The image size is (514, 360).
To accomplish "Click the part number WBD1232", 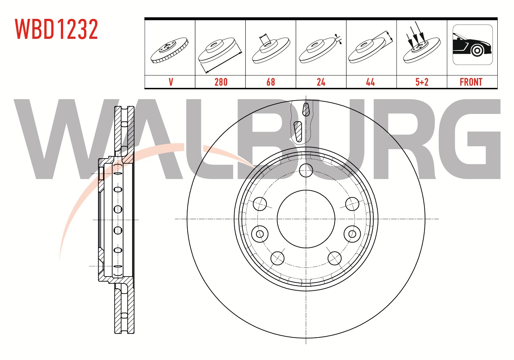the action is [x=57, y=29].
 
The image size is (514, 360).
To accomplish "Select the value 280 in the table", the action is [x=221, y=82].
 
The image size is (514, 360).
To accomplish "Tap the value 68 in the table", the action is [x=271, y=82].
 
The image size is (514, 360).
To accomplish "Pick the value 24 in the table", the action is [x=321, y=82].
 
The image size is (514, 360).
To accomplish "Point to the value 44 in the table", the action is [x=370, y=82].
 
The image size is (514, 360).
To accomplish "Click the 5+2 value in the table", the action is [x=422, y=82].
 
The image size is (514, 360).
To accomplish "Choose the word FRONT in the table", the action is [x=471, y=82].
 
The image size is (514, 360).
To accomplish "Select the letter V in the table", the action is [x=171, y=82].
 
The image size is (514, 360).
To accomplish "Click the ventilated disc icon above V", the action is [x=169, y=50].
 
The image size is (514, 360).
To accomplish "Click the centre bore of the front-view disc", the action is [x=306, y=219].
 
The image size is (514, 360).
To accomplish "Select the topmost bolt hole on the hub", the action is [x=306, y=170].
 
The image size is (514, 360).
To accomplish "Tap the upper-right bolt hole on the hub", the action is [x=352, y=204].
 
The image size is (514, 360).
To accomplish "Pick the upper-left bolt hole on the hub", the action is [x=260, y=204].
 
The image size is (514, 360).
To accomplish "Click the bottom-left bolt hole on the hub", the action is [x=277, y=258].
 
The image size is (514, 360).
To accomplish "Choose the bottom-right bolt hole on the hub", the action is [x=334, y=258].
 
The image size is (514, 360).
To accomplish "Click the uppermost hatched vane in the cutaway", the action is [x=306, y=109].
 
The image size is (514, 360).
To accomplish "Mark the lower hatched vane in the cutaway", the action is [x=298, y=132].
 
